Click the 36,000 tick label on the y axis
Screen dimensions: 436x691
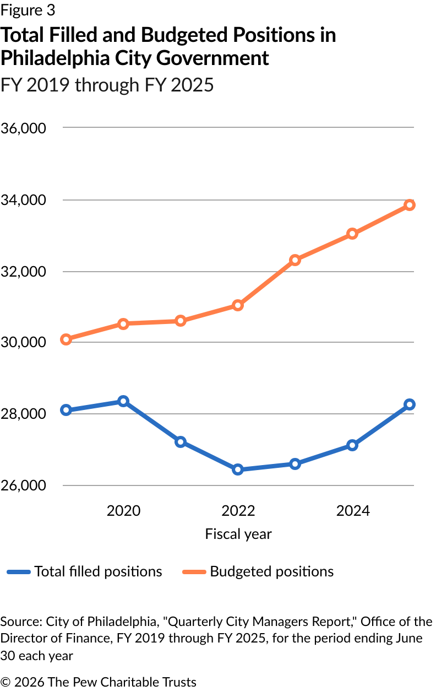(x=24, y=128)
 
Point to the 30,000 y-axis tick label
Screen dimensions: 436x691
(x=24, y=342)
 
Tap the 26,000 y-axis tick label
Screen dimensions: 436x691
(x=24, y=485)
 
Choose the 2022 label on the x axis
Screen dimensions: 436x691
(x=238, y=511)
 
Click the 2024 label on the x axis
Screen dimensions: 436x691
(x=353, y=511)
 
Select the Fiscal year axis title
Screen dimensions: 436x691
(x=238, y=535)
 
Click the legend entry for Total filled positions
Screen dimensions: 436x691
(x=84, y=571)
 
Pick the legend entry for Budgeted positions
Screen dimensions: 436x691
(x=258, y=571)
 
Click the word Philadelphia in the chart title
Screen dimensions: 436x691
(x=55, y=58)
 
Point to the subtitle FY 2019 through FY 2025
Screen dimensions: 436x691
(x=107, y=85)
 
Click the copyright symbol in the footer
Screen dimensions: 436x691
(x=6, y=682)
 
